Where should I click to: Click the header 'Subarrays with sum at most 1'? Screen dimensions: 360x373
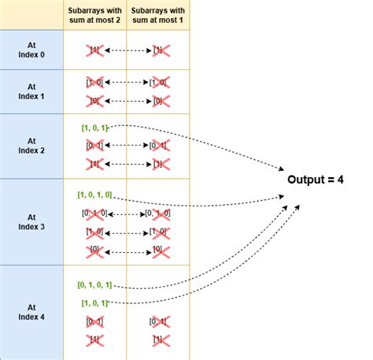(161, 14)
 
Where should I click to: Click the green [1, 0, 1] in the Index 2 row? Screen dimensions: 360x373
(94, 127)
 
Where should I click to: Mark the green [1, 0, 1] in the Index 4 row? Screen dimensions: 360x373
(94, 303)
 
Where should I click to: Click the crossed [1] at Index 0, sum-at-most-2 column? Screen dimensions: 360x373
(94, 50)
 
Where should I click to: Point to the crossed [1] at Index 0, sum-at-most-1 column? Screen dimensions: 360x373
(161, 50)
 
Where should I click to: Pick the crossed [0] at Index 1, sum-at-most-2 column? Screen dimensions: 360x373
(94, 100)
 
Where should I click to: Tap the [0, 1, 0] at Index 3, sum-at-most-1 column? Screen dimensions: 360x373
(161, 213)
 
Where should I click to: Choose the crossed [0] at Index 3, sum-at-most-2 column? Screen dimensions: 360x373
(94, 250)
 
